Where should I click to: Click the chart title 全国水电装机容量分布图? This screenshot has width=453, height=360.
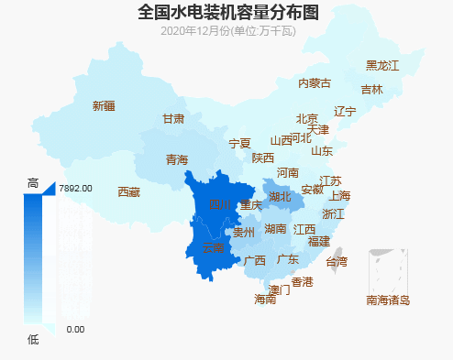pos(228,12)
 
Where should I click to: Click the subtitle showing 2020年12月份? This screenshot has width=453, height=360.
pos(227,31)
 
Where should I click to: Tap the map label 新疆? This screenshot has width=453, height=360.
pos(104,106)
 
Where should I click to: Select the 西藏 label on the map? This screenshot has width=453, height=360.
pos(129,192)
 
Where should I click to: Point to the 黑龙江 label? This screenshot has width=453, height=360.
pos(382,65)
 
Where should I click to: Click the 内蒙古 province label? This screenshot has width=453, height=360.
pos(315,83)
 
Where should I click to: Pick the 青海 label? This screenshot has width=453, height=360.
pos(177,159)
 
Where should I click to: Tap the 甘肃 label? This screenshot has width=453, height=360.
pos(173,119)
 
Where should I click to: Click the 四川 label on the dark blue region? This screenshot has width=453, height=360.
pos(221,203)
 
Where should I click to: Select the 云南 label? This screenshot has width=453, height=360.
pos(213,247)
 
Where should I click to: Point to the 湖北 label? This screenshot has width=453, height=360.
pos(280,196)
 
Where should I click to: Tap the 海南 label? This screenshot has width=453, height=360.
pos(265,300)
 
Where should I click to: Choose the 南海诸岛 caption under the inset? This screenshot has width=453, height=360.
pos(388,300)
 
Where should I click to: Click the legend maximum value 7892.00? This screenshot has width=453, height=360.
pos(75,188)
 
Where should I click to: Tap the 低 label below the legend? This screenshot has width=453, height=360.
pos(34,341)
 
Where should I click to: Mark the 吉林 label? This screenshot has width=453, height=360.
pos(371,90)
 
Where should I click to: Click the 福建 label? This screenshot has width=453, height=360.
pos(319,242)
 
